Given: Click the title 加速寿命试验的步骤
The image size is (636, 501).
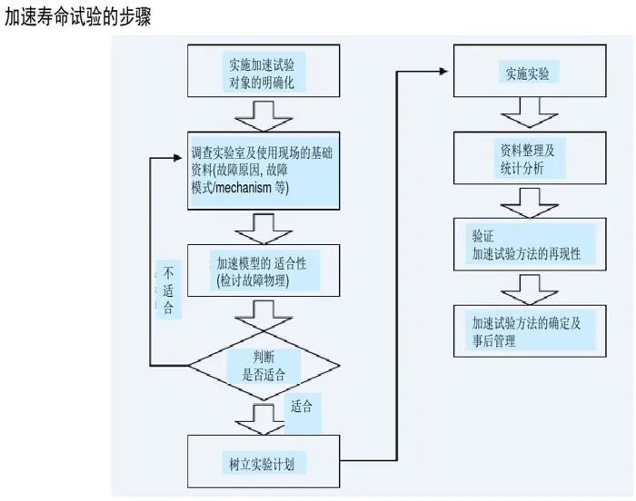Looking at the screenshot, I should (x=77, y=17).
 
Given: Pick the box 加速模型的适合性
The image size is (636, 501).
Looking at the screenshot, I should (x=263, y=270).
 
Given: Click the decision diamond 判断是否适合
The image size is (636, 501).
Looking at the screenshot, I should (x=263, y=364).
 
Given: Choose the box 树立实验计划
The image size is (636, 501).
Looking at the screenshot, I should (x=263, y=464).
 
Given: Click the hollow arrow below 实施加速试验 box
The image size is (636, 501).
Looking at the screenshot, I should (x=263, y=115).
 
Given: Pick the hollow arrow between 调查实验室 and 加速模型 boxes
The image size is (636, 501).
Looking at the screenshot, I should (x=263, y=224).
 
